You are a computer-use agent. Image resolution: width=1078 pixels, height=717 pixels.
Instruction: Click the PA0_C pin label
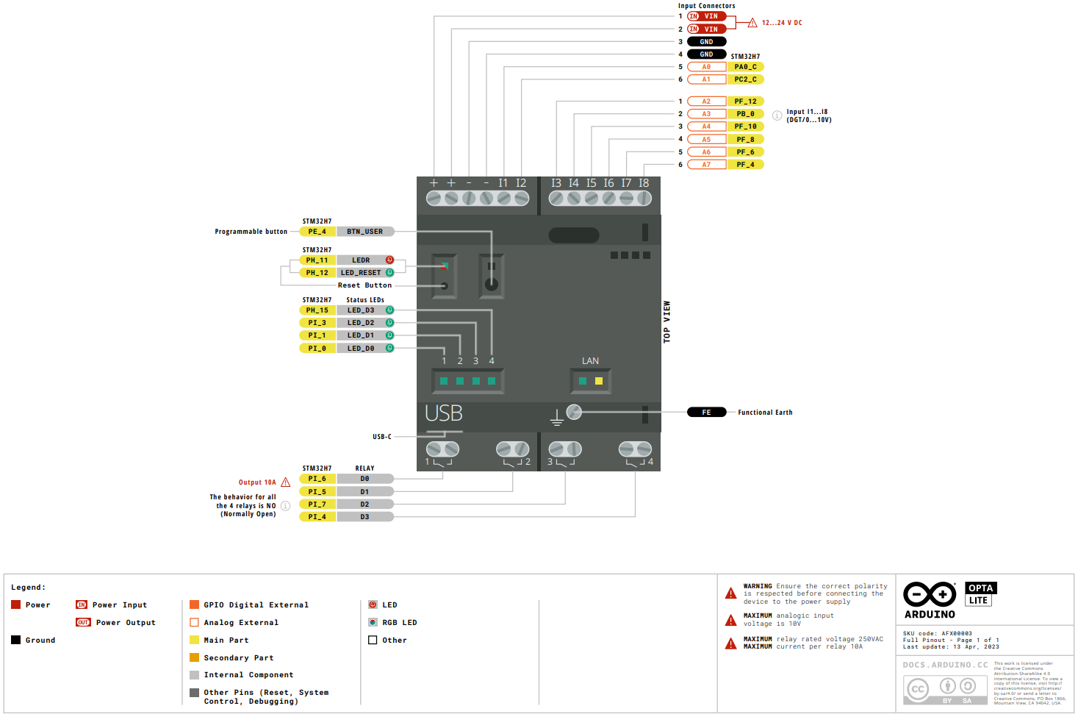click(x=745, y=67)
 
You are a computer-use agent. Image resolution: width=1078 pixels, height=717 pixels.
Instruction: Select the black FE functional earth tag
click(x=706, y=413)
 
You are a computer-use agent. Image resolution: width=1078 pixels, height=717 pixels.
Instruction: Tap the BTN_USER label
click(x=364, y=232)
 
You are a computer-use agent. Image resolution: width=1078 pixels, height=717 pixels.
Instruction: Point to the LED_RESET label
click(x=361, y=273)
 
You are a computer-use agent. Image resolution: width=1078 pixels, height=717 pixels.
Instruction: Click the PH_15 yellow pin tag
click(x=317, y=310)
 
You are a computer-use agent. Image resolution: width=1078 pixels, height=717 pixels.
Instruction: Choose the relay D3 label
click(x=364, y=517)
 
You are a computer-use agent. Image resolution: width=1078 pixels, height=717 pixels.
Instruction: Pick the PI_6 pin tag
click(x=317, y=479)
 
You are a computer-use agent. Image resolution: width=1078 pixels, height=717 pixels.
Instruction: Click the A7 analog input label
click(x=706, y=165)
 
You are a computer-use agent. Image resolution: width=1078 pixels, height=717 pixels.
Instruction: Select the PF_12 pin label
click(x=745, y=101)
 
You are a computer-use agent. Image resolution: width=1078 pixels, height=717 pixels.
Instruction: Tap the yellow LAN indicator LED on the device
click(x=599, y=381)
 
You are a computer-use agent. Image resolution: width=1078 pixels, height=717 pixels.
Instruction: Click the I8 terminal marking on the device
click(x=644, y=183)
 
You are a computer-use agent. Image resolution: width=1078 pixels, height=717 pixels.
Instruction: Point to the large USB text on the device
click(x=444, y=414)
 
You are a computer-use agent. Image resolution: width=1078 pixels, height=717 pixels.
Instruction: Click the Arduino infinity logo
click(x=930, y=594)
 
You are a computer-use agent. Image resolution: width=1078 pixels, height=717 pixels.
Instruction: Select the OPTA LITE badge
click(x=980, y=594)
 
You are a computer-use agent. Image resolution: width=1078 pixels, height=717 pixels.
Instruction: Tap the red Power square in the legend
click(x=16, y=604)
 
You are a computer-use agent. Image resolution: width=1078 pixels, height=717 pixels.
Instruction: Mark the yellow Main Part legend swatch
click(x=194, y=640)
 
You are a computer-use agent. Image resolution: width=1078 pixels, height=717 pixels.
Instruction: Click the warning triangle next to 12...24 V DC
click(x=752, y=23)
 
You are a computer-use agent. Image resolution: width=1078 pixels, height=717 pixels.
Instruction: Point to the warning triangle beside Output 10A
click(x=286, y=482)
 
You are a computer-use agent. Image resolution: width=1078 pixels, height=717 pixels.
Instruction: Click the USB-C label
click(x=382, y=437)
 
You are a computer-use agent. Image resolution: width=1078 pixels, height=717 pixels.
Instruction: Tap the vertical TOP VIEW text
click(x=667, y=322)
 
